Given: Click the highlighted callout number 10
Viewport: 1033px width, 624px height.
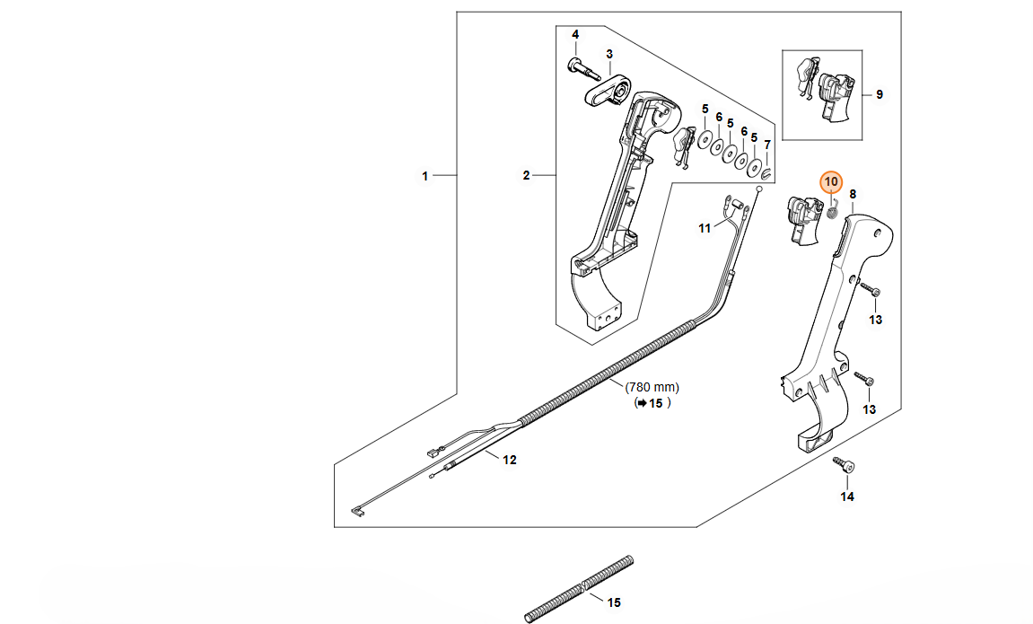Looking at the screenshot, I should [831, 181].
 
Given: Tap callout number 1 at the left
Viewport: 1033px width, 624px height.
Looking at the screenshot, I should [425, 176].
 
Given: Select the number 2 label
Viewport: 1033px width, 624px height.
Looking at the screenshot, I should [527, 175].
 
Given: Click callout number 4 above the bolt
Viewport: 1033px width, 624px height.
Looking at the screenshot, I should [575, 35].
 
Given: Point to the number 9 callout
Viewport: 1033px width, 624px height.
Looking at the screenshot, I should [879, 94].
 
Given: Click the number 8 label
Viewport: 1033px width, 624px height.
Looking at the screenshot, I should [852, 194].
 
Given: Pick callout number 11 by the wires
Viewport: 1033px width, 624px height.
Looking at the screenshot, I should [705, 228].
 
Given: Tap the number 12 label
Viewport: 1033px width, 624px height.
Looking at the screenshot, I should [509, 461].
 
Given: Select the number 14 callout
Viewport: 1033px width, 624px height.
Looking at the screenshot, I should [847, 497].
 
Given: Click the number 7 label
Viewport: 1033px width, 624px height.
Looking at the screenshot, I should [766, 145].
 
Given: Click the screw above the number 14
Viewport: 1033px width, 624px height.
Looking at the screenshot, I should [845, 466].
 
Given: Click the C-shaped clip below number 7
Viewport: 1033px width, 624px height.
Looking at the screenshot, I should [767, 172].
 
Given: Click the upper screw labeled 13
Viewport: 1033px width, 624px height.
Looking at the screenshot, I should [871, 291].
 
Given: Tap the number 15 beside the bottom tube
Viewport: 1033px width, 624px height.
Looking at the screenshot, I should [614, 603].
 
